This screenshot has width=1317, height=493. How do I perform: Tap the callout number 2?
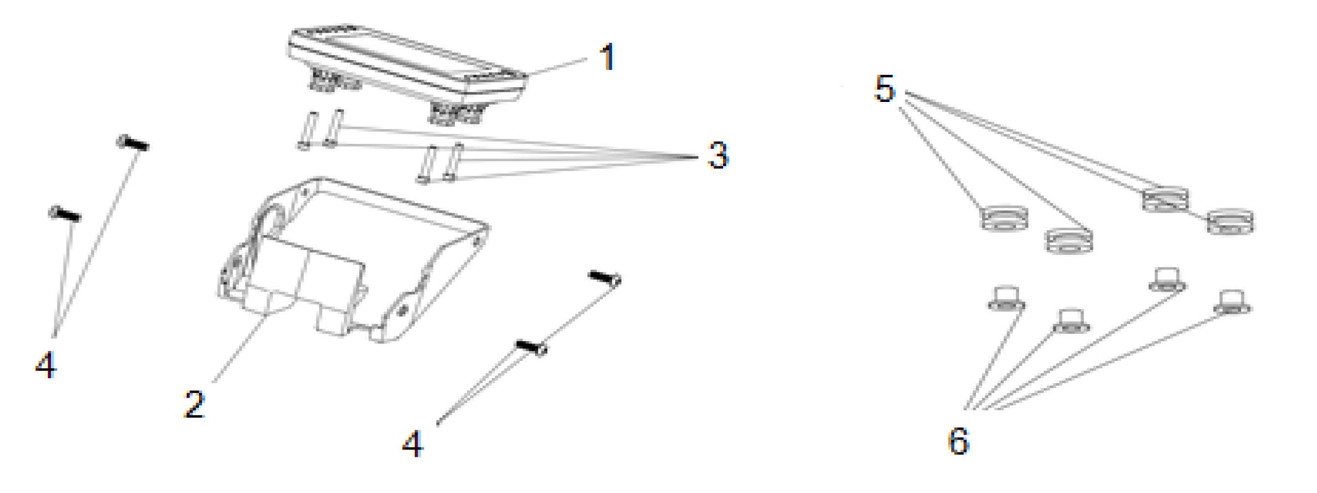click(x=195, y=404)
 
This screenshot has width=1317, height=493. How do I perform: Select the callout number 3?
click(x=718, y=154)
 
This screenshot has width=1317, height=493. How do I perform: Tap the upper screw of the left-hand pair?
click(x=134, y=143)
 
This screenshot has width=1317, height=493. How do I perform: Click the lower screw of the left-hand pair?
click(x=65, y=214)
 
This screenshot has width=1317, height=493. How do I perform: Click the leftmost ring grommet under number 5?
click(x=1004, y=218)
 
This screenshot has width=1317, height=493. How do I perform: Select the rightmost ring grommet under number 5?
click(x=1230, y=221)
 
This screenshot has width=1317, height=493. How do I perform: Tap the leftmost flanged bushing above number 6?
click(x=1006, y=298)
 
